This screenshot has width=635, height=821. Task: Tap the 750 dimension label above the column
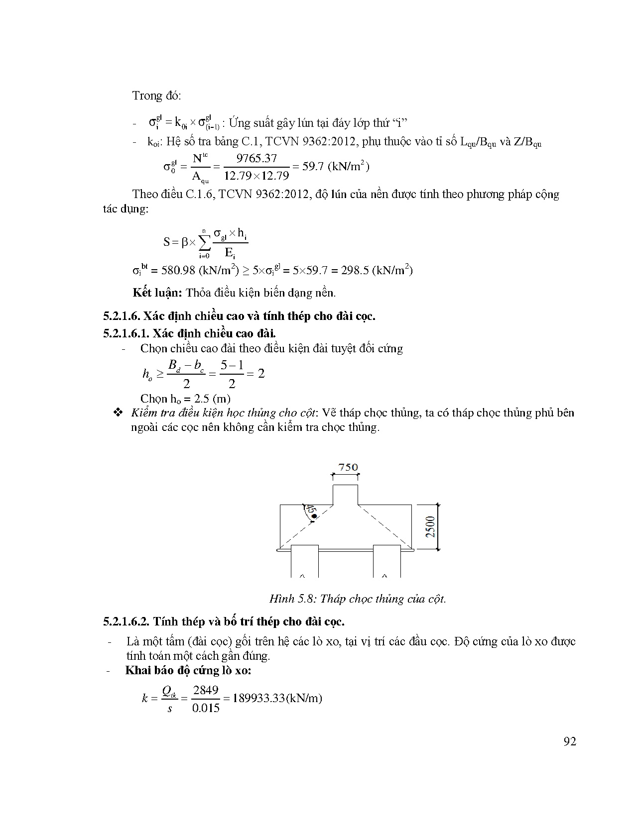tap(348, 467)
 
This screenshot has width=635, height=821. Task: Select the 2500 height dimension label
tap(431, 526)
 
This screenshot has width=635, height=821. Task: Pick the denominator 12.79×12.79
tap(256, 176)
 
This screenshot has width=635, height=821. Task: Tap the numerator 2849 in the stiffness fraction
tap(206, 690)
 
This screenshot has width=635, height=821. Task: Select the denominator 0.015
tap(206, 708)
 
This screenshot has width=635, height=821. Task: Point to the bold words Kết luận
tap(157, 293)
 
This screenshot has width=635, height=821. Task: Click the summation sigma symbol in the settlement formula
tap(204, 242)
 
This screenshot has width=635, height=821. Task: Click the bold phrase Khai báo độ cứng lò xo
tap(188, 670)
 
